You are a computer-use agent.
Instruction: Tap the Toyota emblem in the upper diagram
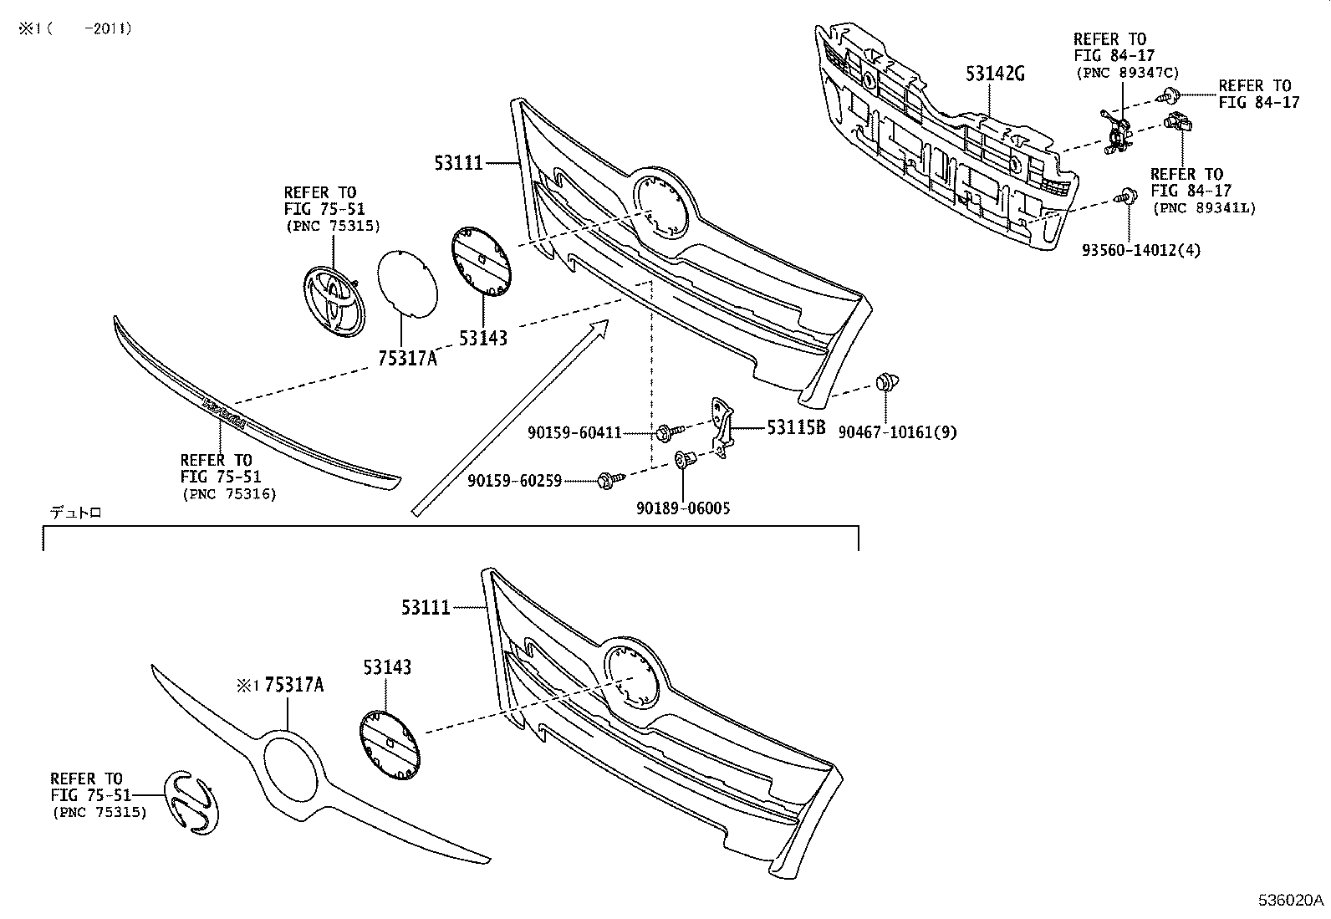[x=332, y=302]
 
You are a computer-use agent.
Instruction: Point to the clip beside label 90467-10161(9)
[x=886, y=384]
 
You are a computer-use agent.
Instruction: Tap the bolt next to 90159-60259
[x=609, y=480]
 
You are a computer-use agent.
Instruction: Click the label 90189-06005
[x=682, y=508]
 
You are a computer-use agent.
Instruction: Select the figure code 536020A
[x=1291, y=901]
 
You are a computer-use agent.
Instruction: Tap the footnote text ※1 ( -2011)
[x=75, y=29]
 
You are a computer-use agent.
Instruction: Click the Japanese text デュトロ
[x=75, y=513]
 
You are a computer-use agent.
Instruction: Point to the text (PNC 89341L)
[x=1203, y=208]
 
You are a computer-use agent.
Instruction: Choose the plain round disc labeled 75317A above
[x=407, y=283]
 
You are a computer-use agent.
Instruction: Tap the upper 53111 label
[x=458, y=162]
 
